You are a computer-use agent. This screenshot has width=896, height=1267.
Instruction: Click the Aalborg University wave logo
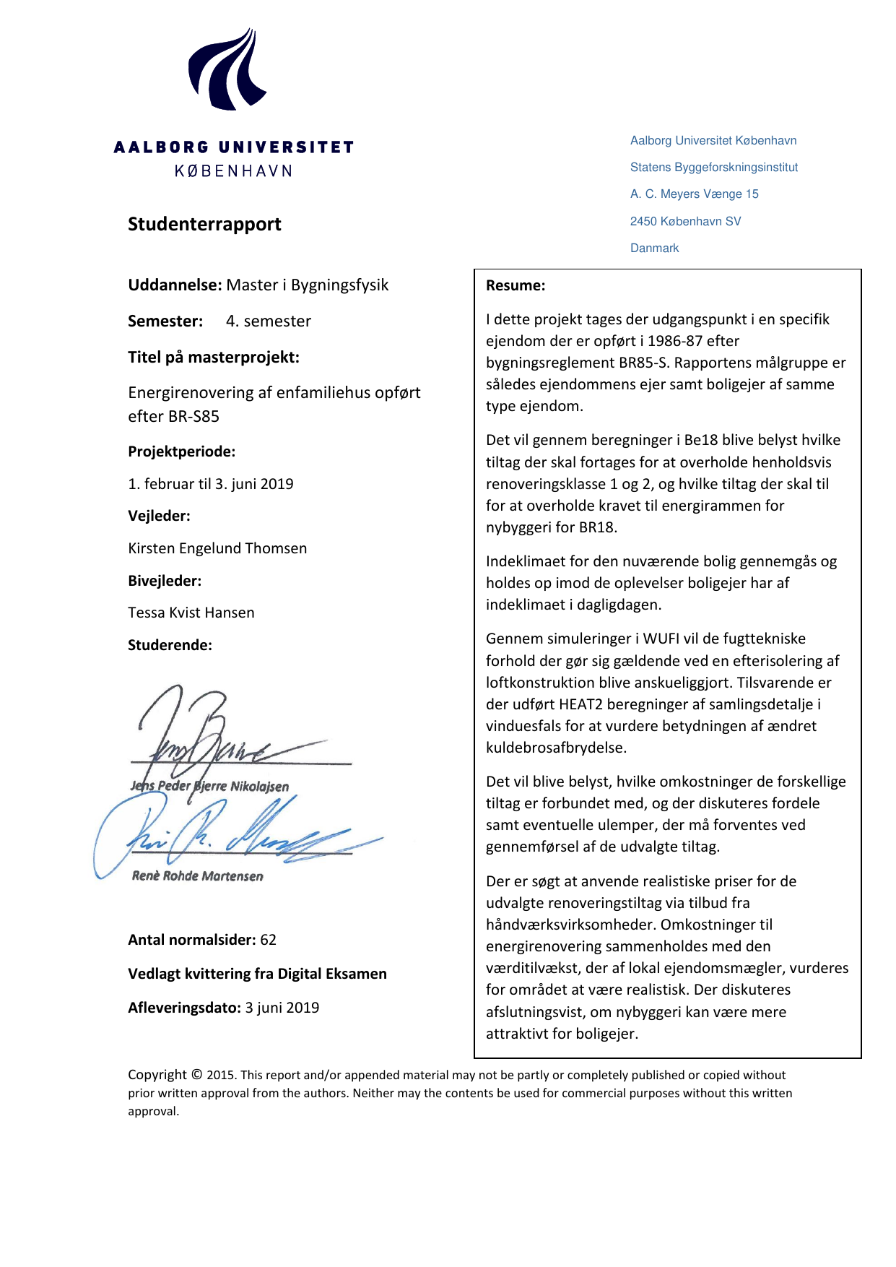tap(227, 71)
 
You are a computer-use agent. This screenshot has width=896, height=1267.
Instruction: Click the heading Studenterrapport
tap(204, 224)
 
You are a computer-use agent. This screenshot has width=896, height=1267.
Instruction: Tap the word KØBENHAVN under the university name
tap(233, 171)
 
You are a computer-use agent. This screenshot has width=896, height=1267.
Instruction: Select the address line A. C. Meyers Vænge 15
tap(694, 194)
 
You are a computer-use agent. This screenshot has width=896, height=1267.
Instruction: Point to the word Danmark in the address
tap(654, 248)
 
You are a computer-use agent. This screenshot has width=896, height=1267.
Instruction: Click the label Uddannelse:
tap(174, 285)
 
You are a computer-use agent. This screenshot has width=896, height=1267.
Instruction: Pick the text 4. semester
tap(268, 321)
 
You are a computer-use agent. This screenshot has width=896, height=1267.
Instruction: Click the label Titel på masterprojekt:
tap(213, 357)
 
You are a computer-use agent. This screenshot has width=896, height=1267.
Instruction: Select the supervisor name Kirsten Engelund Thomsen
tap(217, 548)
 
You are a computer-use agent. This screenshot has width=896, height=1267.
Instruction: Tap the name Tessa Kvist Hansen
tap(191, 613)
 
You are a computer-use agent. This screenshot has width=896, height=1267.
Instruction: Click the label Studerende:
tap(170, 645)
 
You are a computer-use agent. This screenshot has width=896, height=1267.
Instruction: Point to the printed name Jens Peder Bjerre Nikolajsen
tap(209, 786)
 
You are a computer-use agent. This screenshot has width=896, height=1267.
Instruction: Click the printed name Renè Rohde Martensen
tap(197, 876)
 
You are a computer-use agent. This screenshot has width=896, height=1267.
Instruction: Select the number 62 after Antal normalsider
tap(269, 940)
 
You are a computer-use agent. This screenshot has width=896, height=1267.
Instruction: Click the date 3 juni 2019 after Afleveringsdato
tap(282, 1008)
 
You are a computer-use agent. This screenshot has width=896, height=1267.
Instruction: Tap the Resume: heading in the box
tap(516, 285)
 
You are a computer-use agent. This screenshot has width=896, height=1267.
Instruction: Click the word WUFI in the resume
tap(661, 639)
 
